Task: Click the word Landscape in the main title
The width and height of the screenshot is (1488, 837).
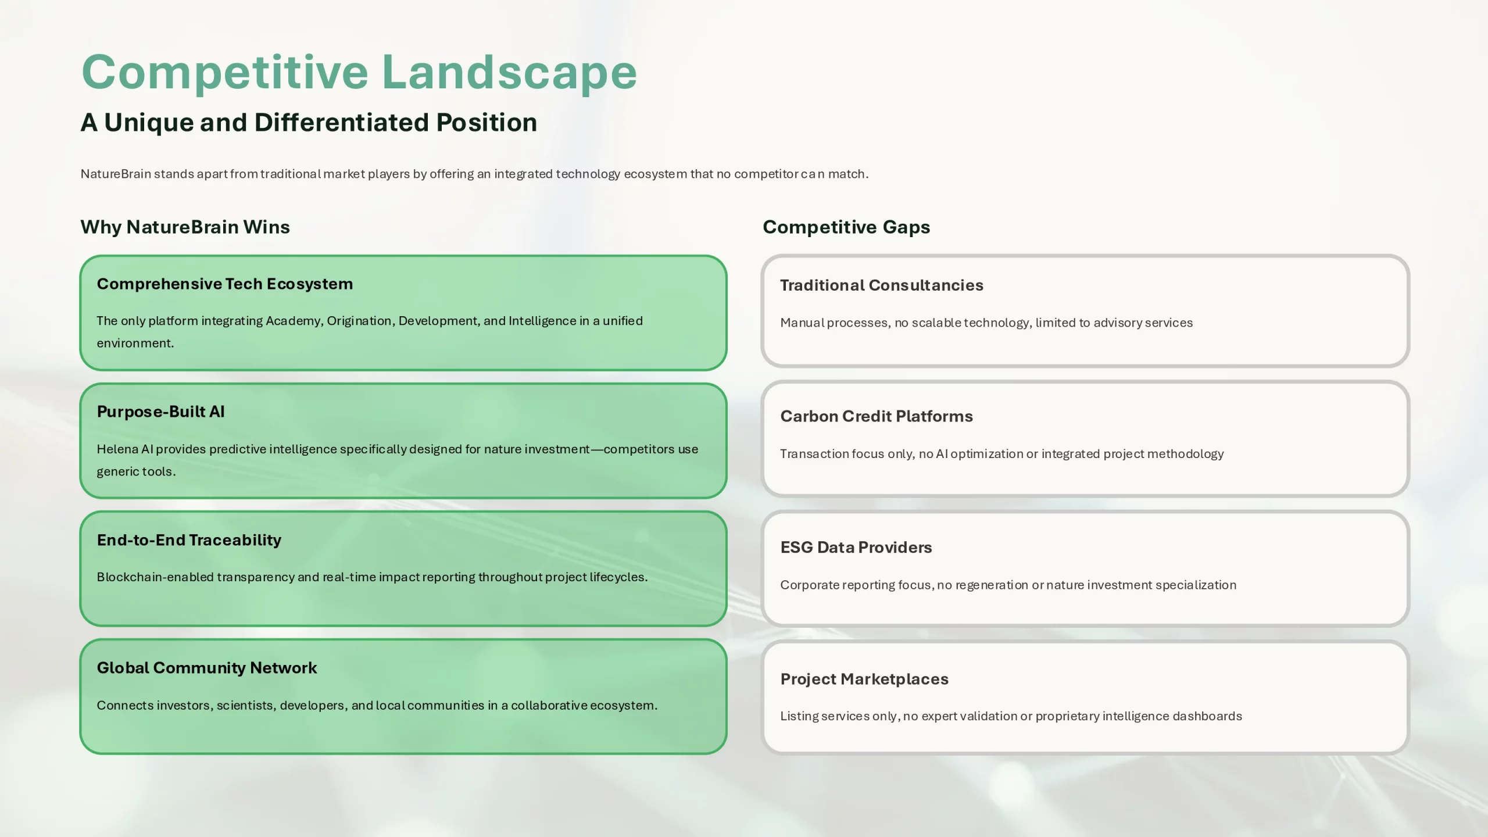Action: (x=509, y=73)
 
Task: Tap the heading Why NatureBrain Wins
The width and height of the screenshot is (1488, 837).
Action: (x=185, y=227)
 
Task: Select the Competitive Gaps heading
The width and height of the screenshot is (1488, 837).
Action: (x=846, y=227)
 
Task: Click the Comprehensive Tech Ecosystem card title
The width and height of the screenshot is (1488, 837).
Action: (x=225, y=284)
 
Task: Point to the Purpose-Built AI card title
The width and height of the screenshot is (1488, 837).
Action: (x=160, y=412)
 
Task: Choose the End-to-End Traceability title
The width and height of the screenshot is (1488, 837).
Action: (x=189, y=540)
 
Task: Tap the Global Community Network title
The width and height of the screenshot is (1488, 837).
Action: (x=207, y=668)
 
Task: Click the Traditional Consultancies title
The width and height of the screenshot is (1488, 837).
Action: (x=882, y=285)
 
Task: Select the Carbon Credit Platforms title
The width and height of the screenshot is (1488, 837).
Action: (x=877, y=416)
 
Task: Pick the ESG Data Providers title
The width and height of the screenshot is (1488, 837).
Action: (x=856, y=548)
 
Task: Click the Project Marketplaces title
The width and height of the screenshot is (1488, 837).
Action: (x=864, y=679)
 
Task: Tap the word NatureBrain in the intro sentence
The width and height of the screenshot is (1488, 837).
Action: (x=116, y=174)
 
